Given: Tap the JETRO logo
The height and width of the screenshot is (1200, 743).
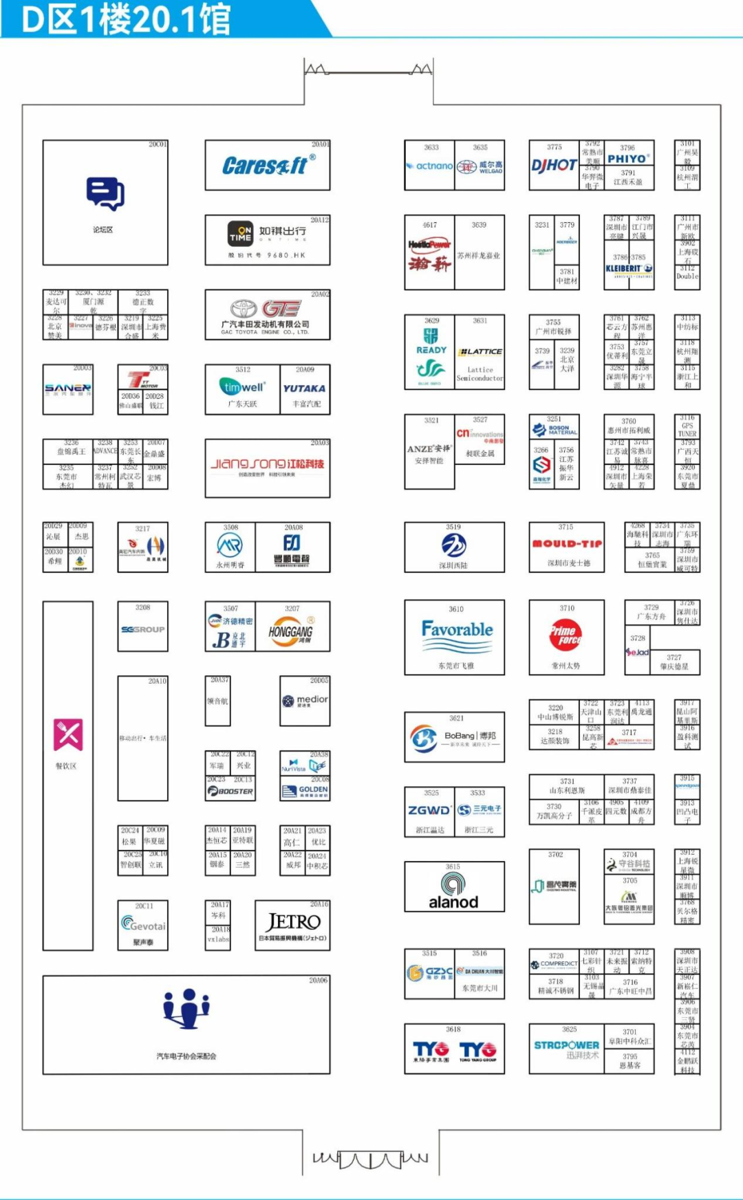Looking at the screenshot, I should (x=293, y=921).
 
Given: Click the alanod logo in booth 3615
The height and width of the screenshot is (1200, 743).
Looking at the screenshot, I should (x=453, y=891).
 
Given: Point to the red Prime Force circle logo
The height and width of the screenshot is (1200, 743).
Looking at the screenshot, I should (x=565, y=634).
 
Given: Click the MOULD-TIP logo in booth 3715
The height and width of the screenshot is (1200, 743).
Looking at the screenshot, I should (x=567, y=543).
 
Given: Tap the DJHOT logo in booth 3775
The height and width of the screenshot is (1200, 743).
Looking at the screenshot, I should (x=554, y=165).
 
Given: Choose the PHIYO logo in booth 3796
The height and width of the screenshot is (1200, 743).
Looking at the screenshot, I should (x=627, y=159).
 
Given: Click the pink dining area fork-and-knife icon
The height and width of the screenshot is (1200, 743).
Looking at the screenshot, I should (x=68, y=735).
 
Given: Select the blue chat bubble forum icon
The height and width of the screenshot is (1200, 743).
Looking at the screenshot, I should (x=105, y=193).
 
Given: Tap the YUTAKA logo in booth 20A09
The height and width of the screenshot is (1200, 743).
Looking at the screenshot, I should (x=304, y=389).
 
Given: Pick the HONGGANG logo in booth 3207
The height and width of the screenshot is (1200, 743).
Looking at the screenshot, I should (x=291, y=631).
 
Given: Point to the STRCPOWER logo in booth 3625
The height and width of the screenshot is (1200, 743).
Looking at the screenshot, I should (x=566, y=1045).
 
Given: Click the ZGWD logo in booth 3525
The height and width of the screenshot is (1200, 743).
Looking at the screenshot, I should (x=429, y=810).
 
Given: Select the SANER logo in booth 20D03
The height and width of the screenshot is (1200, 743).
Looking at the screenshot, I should (x=67, y=389).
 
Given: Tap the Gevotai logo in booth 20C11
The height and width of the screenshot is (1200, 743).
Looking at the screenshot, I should (x=142, y=924).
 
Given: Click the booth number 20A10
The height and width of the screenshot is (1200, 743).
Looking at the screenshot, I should (x=157, y=681).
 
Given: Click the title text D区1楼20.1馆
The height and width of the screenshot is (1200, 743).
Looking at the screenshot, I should (x=126, y=19).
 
